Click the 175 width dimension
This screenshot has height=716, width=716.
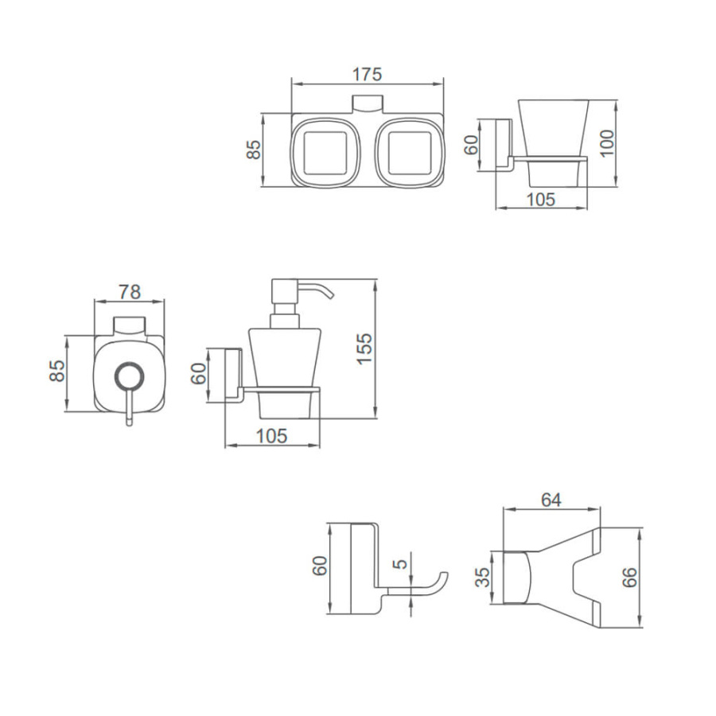pos(367,75)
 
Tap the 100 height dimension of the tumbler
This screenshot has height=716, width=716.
pos(607,143)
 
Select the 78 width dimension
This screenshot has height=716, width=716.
pos(130,292)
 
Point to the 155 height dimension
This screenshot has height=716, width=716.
pos(364,348)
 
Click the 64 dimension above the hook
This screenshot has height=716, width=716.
pos(551,500)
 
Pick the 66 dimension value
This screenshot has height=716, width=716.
pos(630,578)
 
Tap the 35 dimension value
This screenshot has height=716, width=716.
pos(482,578)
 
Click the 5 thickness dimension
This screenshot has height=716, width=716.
pos(400,564)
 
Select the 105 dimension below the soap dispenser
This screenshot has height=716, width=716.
pos(272,436)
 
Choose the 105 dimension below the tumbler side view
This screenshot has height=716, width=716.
pos(541,200)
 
